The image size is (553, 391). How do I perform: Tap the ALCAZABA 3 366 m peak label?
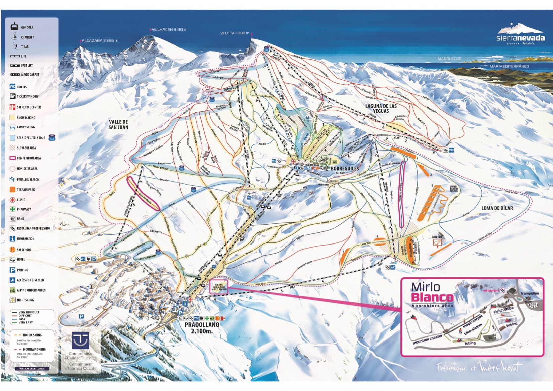(100, 40)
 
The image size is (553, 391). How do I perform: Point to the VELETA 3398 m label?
(235, 33)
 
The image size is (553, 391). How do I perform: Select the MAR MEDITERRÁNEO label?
(509, 66)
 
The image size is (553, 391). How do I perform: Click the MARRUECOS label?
(449, 59)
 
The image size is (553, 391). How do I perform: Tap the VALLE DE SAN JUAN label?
(118, 124)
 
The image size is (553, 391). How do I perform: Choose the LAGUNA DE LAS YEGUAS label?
(381, 108)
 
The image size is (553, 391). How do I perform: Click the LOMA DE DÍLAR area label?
(497, 208)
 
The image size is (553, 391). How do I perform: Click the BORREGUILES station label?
(345, 169)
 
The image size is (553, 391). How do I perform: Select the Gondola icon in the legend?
(14, 27)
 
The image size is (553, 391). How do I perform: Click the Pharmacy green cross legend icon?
(12, 209)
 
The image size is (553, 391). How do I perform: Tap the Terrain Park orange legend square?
(12, 189)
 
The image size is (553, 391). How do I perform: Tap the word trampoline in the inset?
(530, 293)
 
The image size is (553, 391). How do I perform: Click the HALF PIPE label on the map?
(437, 237)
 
